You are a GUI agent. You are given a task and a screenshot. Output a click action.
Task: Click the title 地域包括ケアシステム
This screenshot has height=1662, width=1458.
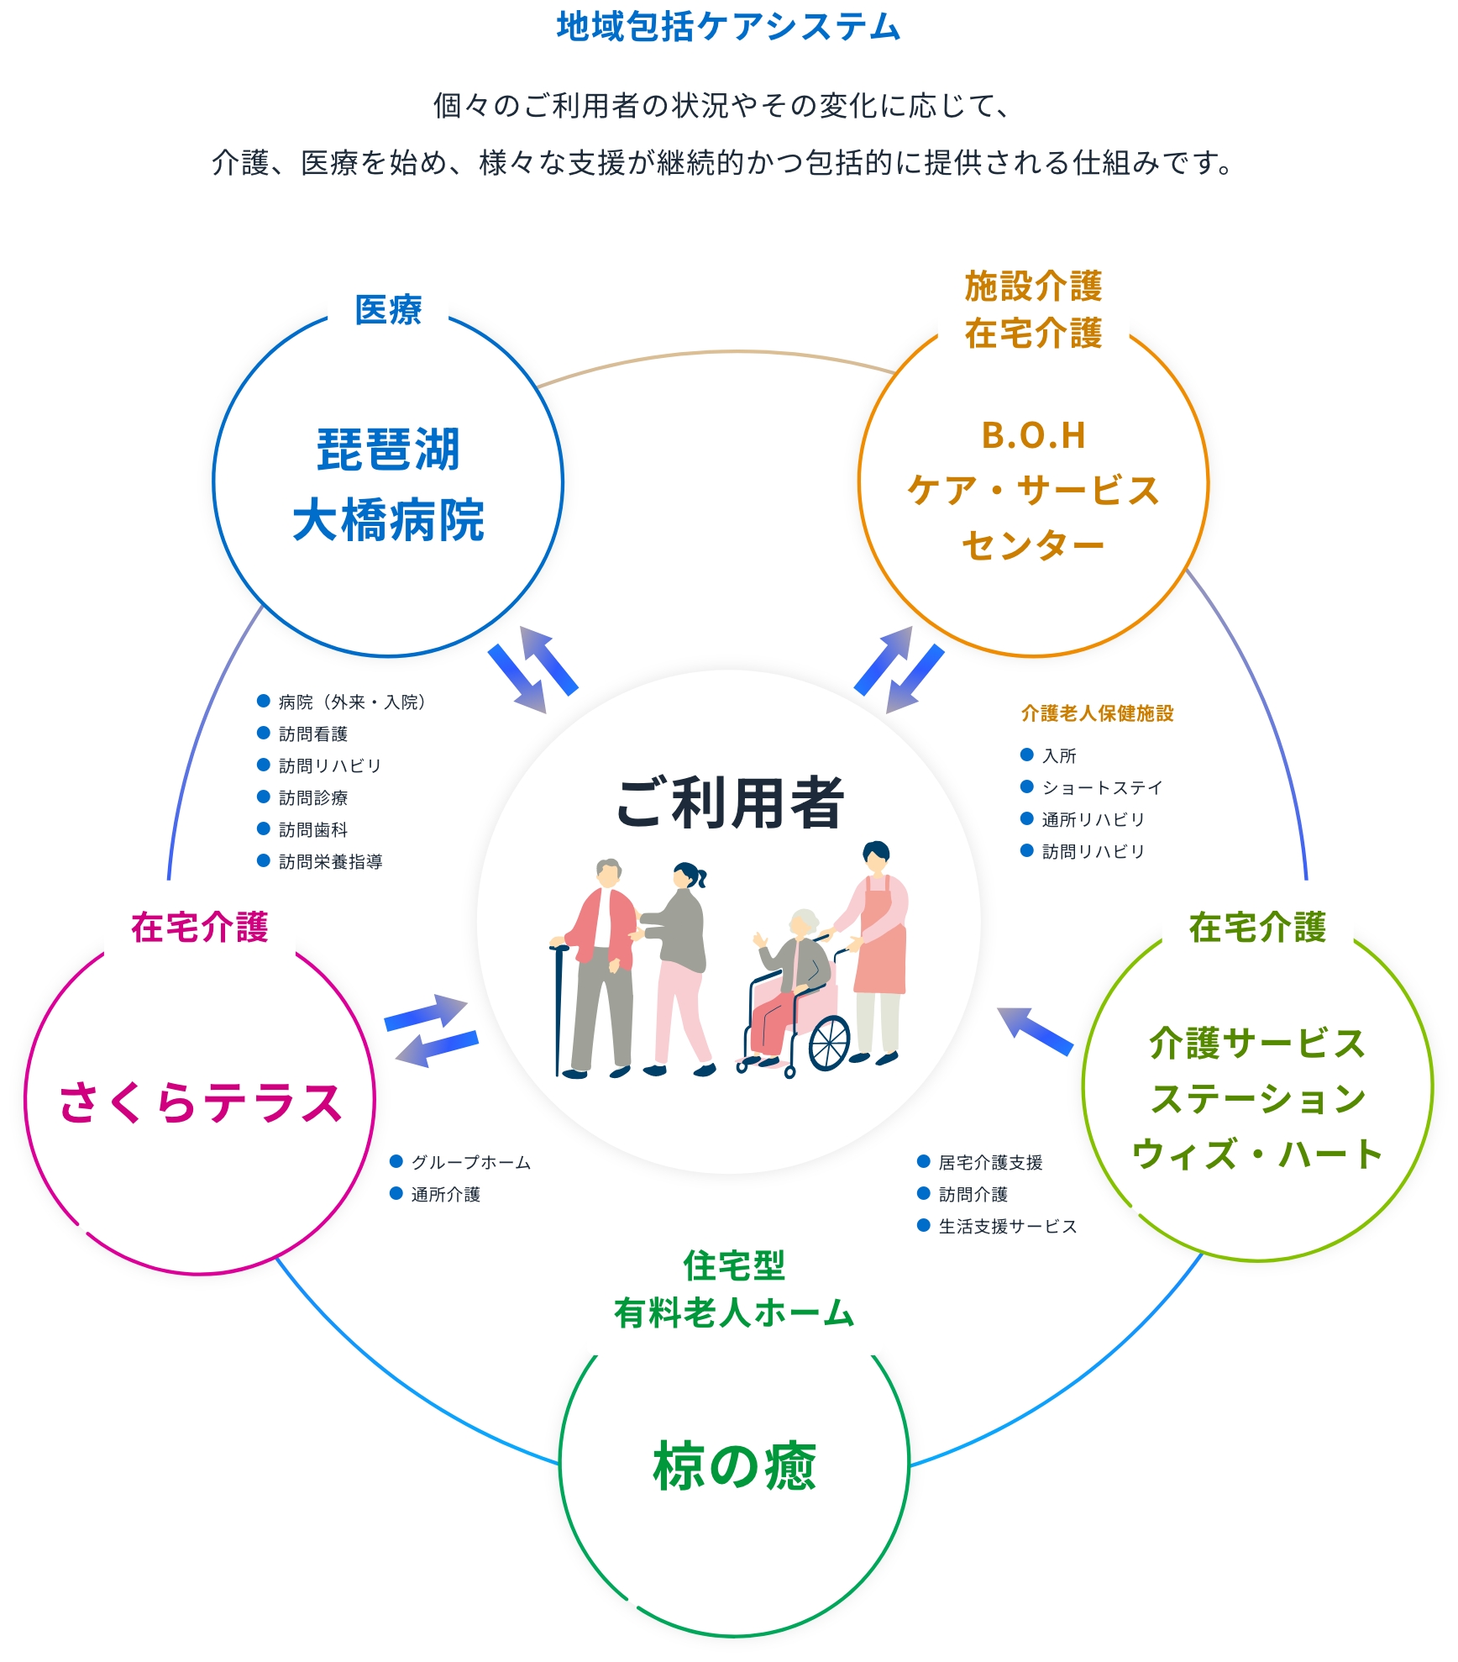coord(728,27)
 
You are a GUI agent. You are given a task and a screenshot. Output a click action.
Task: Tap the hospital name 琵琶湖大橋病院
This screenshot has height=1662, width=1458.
coord(388,485)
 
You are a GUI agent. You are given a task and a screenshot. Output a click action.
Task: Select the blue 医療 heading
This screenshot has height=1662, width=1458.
coord(388,309)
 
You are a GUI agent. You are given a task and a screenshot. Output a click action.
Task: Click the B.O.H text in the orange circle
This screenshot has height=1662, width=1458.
coord(1033,435)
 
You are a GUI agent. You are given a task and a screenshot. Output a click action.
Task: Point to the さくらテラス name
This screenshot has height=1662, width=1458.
coord(200,1102)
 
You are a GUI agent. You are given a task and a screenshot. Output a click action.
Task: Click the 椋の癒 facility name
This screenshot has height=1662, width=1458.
coord(734,1465)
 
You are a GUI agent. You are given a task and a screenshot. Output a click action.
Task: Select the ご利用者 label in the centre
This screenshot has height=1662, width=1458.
coord(729,802)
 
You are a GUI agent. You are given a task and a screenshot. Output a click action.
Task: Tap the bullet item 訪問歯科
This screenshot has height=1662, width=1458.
coord(312,829)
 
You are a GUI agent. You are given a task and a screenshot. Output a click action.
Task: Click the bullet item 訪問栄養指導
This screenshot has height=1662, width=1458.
coord(330,861)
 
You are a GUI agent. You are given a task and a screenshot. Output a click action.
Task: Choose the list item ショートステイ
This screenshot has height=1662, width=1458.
coord(1102,787)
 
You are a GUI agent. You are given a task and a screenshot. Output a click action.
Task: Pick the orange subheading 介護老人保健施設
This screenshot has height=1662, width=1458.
coord(1097,713)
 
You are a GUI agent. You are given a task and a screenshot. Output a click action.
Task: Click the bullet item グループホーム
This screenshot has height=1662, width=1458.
coord(470,1162)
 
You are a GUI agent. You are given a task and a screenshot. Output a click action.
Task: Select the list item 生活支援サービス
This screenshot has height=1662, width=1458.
coord(1007,1226)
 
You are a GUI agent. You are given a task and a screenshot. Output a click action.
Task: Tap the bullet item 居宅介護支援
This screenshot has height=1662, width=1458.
coord(990,1162)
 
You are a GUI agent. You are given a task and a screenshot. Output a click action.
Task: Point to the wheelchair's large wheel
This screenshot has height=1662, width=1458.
coord(830,1043)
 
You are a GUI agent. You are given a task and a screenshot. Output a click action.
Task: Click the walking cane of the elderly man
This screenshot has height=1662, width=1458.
coord(558,1008)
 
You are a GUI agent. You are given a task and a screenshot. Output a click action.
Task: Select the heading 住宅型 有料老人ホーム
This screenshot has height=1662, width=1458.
coord(734,1289)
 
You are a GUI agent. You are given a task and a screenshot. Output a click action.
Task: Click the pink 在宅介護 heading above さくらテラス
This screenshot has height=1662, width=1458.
coord(200,927)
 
